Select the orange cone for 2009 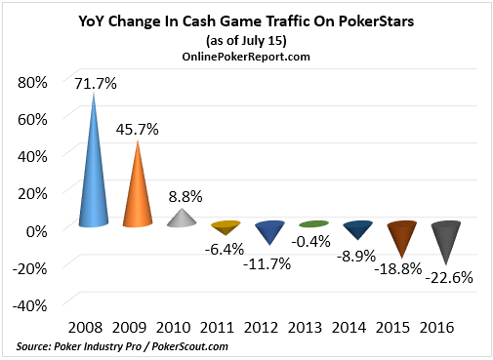pyautogui.click(x=138, y=195)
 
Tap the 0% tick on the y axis pyautogui.click(x=36, y=229)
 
